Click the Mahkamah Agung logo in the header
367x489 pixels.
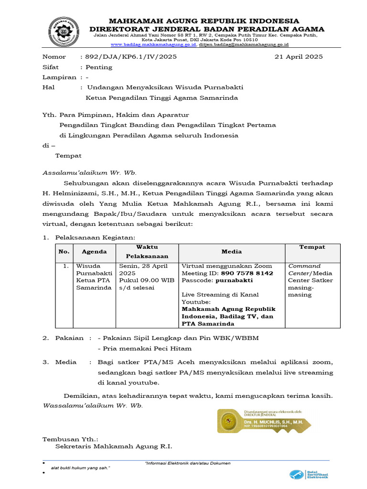tap(65, 31)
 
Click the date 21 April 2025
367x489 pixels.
tap(299, 56)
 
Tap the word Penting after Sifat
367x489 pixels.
tap(99, 67)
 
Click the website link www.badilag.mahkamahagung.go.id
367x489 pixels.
tap(153, 44)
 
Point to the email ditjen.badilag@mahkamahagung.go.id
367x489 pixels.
tap(244, 44)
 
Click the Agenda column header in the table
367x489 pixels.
tap(94, 251)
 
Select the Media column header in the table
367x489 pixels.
tap(232, 251)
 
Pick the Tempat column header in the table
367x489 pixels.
tap(312, 247)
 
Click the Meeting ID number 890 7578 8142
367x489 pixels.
tap(246, 273)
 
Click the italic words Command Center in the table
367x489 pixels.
tap(304, 269)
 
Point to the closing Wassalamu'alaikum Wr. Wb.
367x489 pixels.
tap(93, 405)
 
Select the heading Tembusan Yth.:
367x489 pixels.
tap(70, 439)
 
